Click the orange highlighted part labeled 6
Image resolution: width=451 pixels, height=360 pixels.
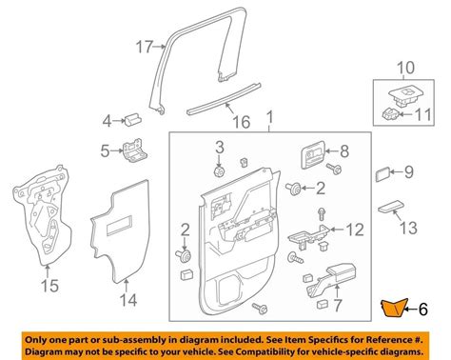click(393, 308)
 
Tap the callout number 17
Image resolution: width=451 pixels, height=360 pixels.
click(145, 47)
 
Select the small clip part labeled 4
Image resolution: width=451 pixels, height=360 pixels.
click(133, 120)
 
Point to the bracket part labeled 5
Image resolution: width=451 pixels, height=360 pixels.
click(135, 150)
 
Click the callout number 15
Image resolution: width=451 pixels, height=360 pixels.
click(50, 286)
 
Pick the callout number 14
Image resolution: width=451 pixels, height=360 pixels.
click(128, 300)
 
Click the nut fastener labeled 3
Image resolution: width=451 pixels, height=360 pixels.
click(220, 171)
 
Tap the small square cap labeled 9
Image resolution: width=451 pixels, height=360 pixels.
click(382, 174)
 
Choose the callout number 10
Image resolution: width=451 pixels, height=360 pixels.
click(405, 68)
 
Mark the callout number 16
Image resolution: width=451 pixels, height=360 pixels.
click(242, 122)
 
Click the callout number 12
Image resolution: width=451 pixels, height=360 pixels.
click(355, 230)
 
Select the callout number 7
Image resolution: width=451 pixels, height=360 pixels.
click(338, 305)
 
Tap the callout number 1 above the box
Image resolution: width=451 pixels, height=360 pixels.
click(269, 117)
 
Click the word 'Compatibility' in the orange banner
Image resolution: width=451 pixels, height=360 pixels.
click(317, 351)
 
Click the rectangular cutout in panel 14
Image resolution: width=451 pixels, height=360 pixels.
click(120, 226)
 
